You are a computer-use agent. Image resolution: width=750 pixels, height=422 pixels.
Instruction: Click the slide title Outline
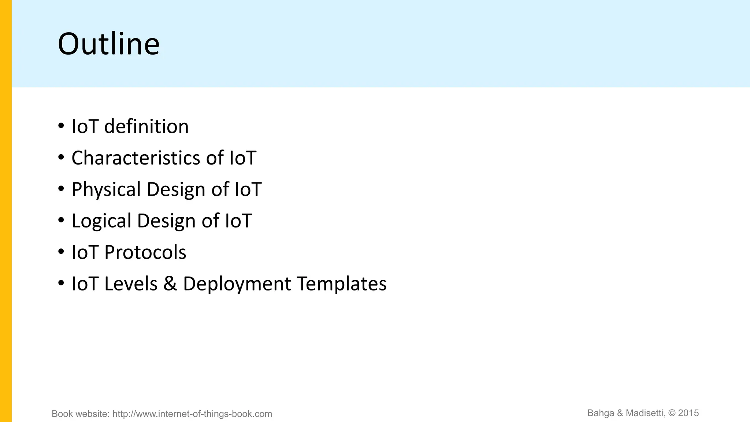coord(109,44)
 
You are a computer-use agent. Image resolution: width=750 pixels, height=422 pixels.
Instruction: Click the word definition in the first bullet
coord(146,127)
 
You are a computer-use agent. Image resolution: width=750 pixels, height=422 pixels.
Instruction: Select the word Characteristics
coord(136,158)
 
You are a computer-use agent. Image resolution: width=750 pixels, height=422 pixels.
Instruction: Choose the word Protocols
coord(145,253)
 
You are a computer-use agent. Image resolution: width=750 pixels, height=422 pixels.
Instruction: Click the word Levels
coord(131,284)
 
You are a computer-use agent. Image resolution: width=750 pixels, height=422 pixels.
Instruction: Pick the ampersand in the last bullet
coord(170,284)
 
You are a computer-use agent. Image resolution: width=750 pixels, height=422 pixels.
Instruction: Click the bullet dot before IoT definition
coord(61,126)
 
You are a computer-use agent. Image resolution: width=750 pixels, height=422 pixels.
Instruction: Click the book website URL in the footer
coord(192,414)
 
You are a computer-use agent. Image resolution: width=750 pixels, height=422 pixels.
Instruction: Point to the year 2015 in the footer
coord(688,413)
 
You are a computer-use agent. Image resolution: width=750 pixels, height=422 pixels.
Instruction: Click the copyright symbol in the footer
coord(672,413)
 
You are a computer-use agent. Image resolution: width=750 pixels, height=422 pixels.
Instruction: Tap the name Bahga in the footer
coord(601,413)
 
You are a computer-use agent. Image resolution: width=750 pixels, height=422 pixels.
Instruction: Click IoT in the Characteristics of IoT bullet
coord(243,158)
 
